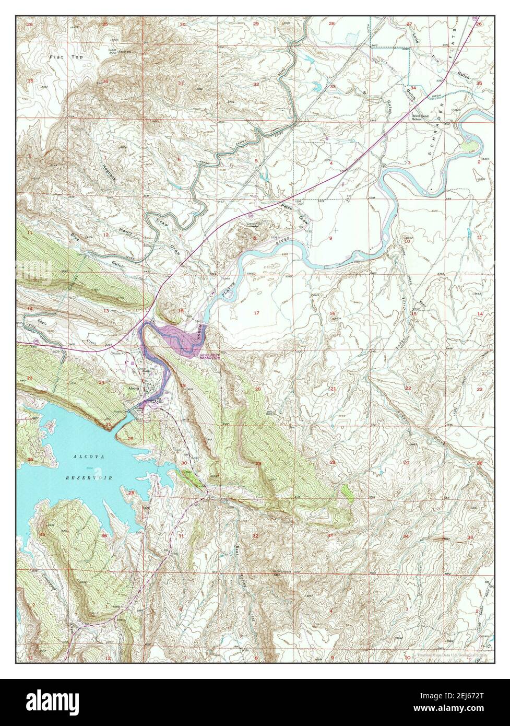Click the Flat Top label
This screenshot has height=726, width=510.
coord(61,56)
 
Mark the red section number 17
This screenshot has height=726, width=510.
coord(256,312)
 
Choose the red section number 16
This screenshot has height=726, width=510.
coord(332,313)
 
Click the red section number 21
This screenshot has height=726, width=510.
coord(332,389)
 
